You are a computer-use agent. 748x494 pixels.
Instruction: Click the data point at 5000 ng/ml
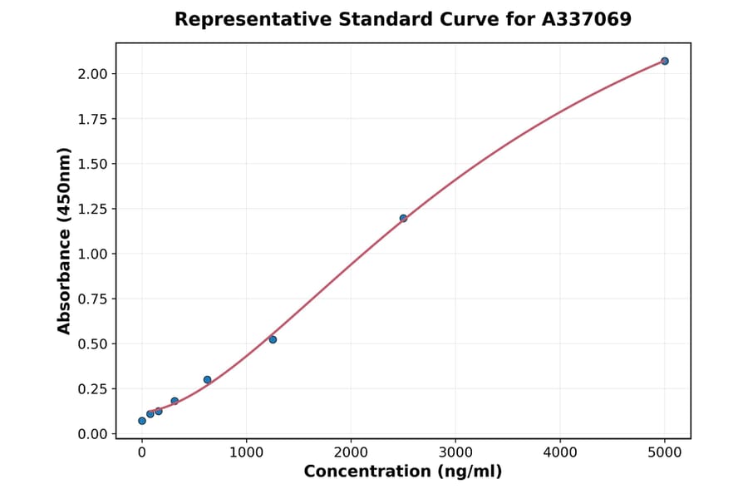[664, 61]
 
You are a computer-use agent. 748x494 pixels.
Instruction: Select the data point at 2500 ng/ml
[403, 219]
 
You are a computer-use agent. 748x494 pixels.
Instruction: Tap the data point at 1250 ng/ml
[273, 339]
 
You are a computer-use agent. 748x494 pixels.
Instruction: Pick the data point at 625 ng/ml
[207, 379]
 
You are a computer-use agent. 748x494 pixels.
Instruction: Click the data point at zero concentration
[142, 421]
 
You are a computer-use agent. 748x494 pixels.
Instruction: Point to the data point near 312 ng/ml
[175, 401]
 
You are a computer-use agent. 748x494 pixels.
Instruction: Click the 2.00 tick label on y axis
[93, 74]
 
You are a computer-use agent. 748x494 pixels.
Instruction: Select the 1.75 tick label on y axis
[93, 119]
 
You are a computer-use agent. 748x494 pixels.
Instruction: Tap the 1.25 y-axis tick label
[93, 209]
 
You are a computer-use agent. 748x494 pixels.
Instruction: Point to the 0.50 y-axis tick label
[93, 344]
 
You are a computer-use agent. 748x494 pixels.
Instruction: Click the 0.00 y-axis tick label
[93, 434]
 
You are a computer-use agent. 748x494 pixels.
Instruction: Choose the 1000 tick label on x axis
[246, 452]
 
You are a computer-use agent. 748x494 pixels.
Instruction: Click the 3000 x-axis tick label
[455, 452]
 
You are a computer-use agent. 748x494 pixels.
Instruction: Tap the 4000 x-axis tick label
[559, 452]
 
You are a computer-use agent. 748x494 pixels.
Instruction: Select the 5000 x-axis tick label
[664, 452]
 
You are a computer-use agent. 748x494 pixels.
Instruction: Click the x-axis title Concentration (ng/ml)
[403, 472]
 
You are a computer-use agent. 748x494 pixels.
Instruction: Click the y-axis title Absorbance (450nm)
[65, 240]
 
